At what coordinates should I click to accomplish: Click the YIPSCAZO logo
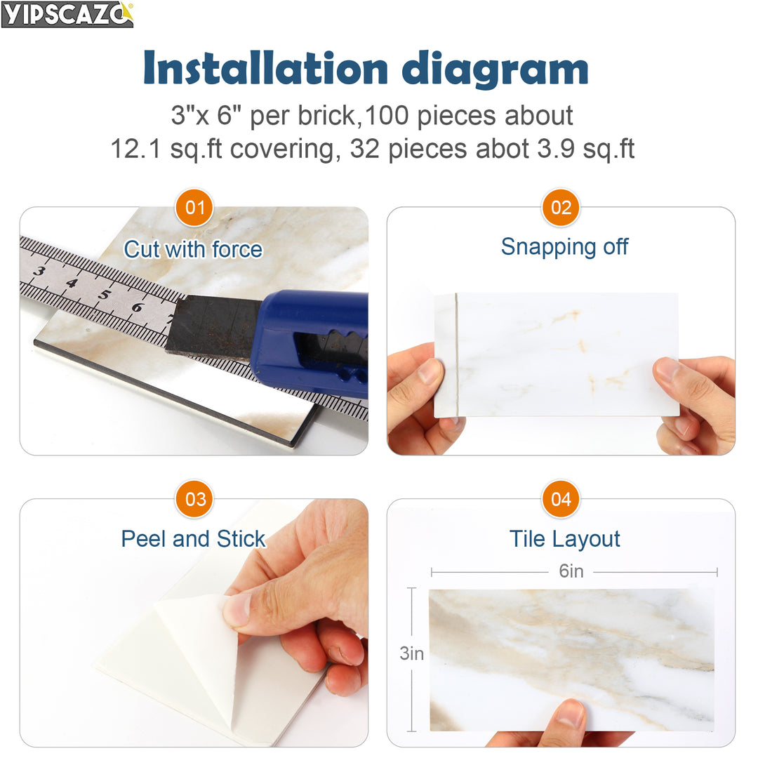click(x=67, y=14)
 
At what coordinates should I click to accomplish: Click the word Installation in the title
click(x=265, y=69)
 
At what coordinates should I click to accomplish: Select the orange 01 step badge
click(x=194, y=208)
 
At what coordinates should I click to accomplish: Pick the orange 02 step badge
click(x=561, y=208)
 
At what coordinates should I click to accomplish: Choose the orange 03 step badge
click(x=194, y=499)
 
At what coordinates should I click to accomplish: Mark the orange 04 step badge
click(x=561, y=499)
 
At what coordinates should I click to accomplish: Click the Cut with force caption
click(x=193, y=249)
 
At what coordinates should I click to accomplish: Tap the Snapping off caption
click(x=564, y=246)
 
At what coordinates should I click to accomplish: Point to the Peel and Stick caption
click(x=193, y=538)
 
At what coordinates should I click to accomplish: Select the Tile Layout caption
click(x=564, y=538)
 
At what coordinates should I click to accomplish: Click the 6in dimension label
click(x=571, y=571)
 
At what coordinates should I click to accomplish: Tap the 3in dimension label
click(x=412, y=653)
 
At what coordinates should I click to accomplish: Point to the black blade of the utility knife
click(x=211, y=326)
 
